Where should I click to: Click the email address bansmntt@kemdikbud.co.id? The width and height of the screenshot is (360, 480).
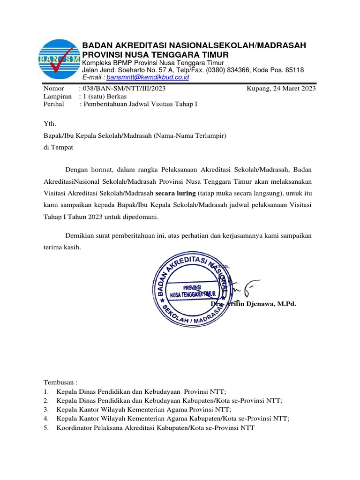point(147,77)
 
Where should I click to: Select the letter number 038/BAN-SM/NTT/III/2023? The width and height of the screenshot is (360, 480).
point(124,88)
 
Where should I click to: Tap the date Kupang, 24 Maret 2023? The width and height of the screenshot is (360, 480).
point(281,88)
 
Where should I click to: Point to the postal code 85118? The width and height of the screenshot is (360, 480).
point(293,70)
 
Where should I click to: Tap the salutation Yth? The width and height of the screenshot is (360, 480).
point(49,124)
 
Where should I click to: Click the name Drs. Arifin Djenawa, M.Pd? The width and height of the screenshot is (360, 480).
point(254,304)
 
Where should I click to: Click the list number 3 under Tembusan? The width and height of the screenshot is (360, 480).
point(46,409)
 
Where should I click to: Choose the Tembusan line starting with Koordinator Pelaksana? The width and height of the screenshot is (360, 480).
point(155,428)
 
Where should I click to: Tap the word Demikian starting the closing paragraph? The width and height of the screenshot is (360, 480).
point(79,235)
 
